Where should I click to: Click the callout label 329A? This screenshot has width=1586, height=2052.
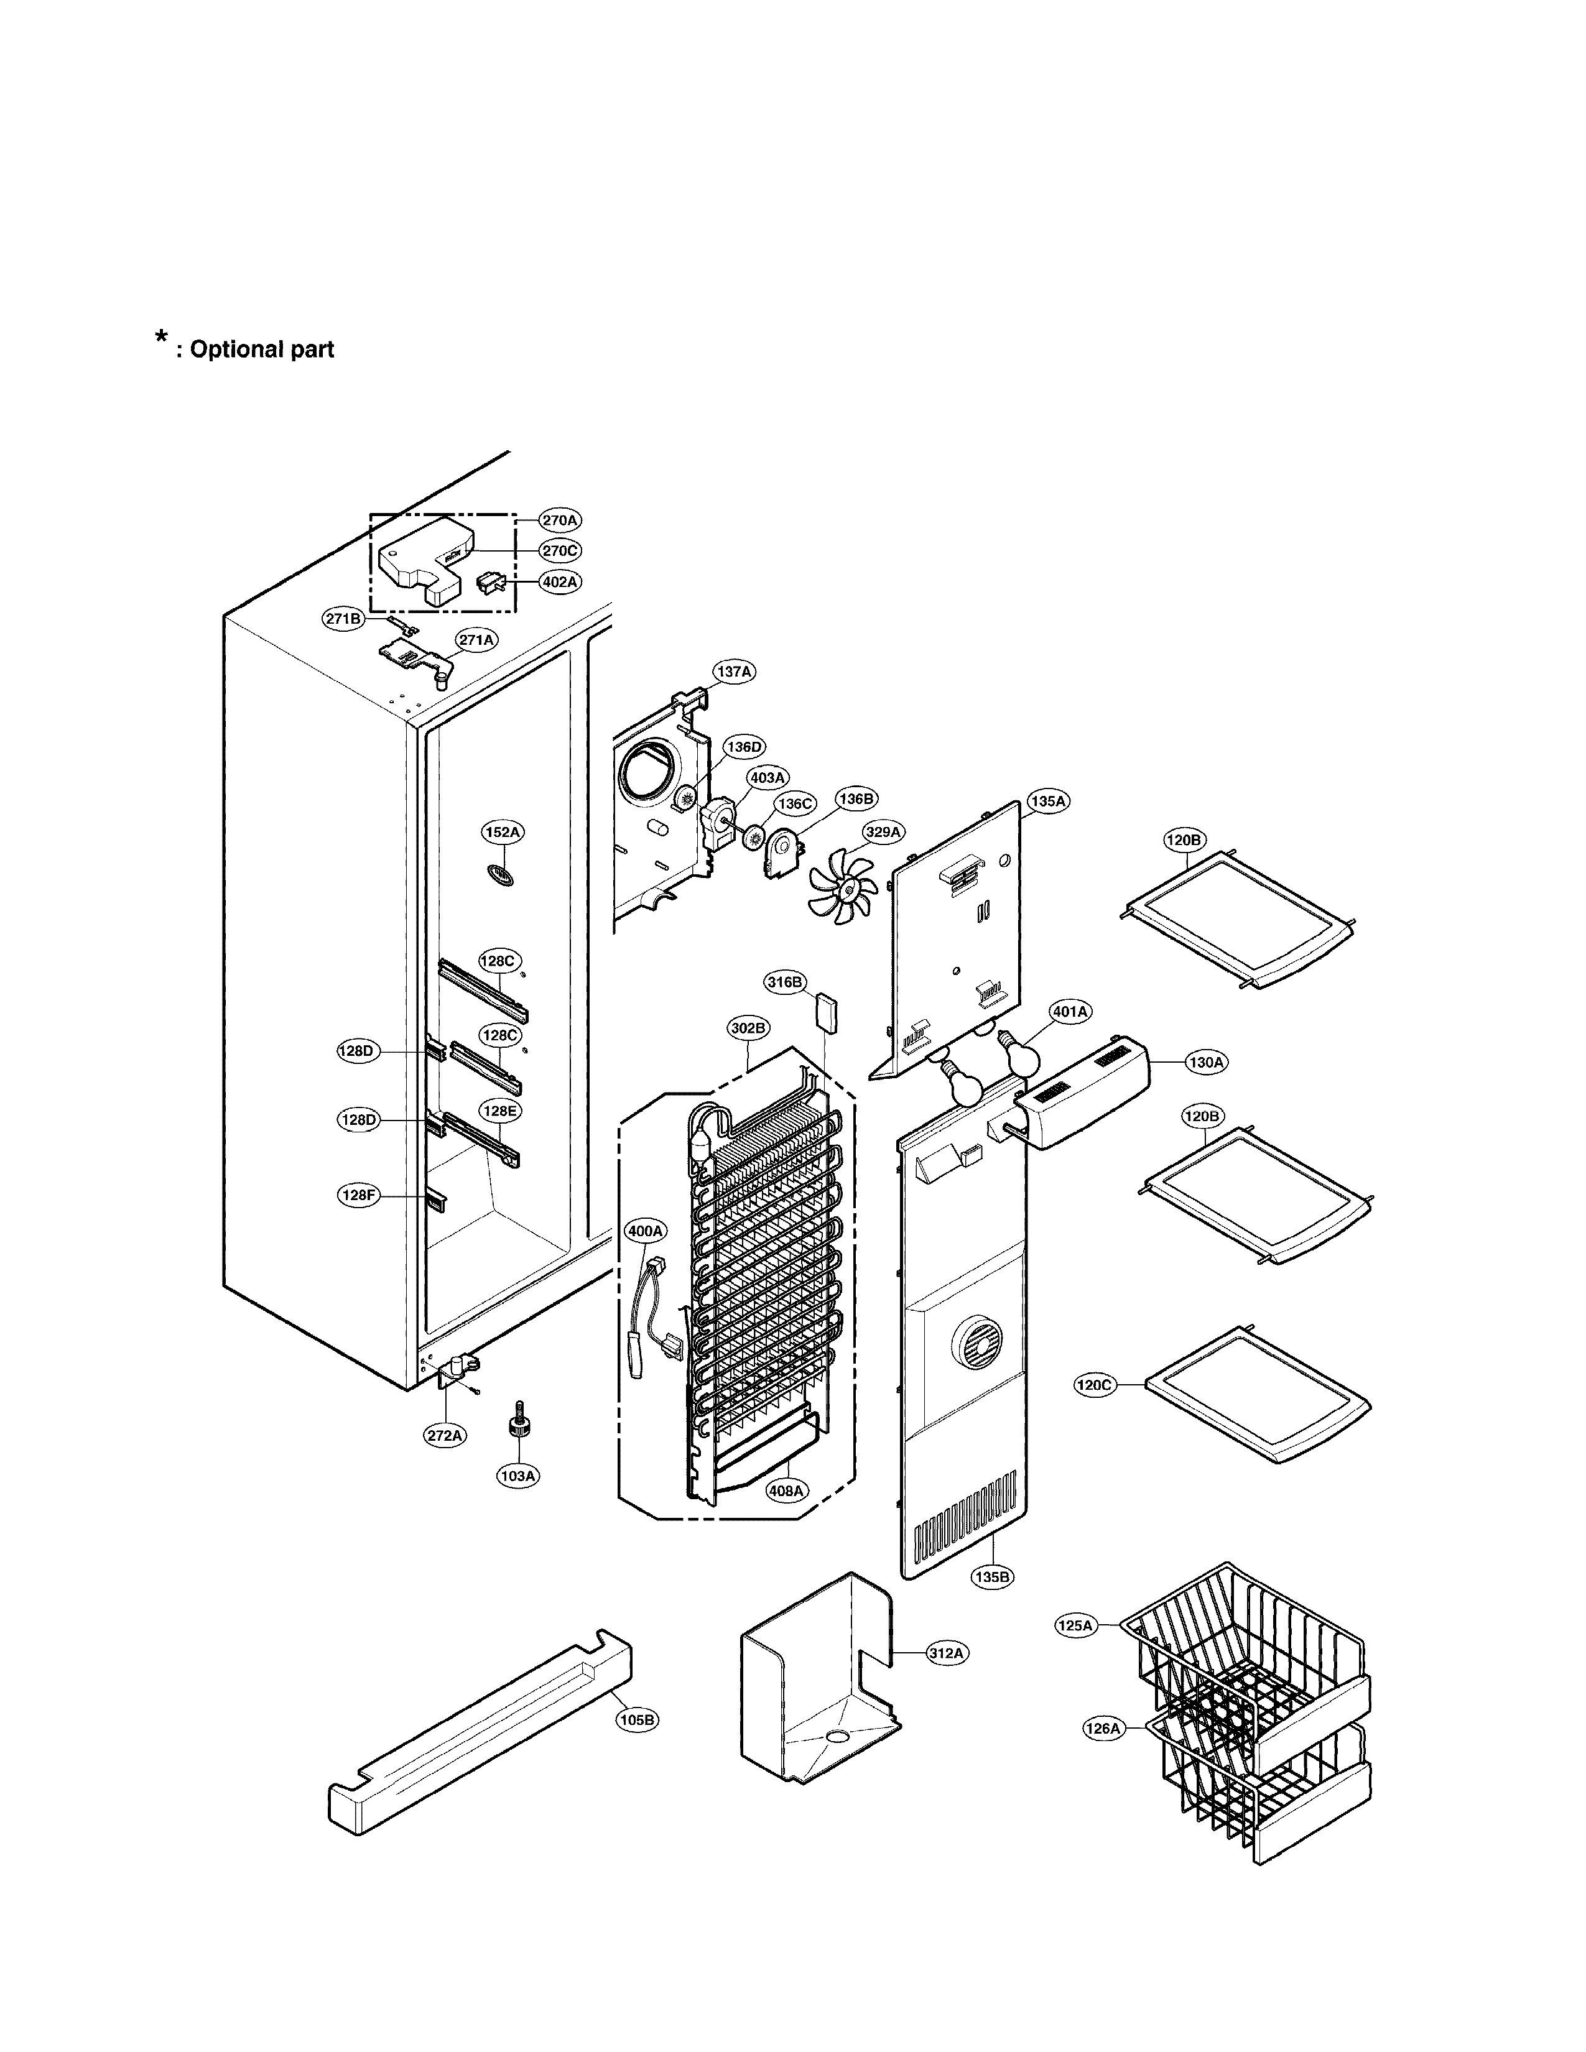click(883, 831)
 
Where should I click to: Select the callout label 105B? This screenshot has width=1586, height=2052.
click(637, 1719)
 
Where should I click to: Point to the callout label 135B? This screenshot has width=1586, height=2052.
click(992, 1576)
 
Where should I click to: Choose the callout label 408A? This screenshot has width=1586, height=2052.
click(786, 1490)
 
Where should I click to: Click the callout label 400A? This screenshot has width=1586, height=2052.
click(646, 1230)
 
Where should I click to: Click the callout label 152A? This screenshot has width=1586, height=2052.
click(503, 831)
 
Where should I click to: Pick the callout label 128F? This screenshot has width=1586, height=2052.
click(358, 1195)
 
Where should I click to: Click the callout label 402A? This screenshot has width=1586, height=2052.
click(560, 581)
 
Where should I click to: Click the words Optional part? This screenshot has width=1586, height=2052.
click(261, 349)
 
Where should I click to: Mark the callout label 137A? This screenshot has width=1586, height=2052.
click(734, 672)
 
